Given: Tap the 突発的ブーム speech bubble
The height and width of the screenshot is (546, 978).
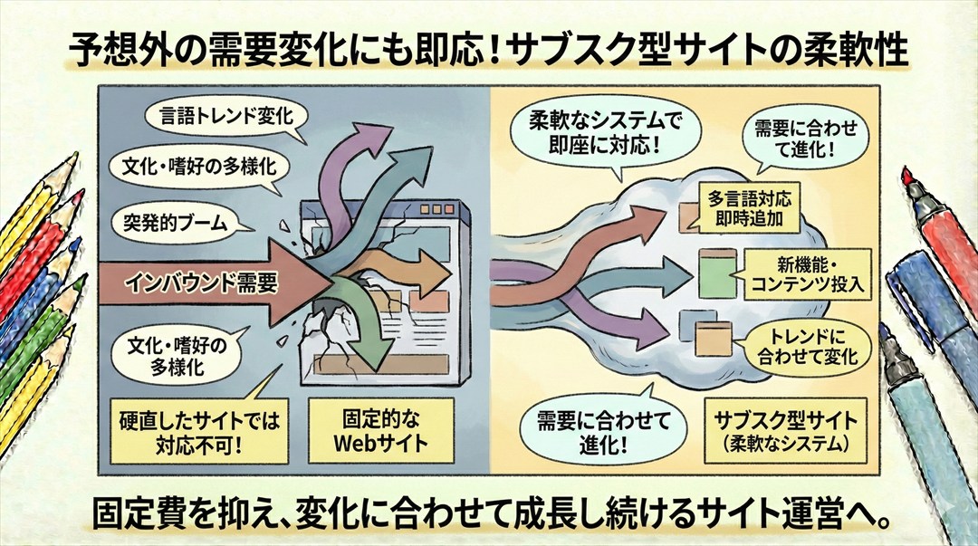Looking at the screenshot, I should click(168, 221).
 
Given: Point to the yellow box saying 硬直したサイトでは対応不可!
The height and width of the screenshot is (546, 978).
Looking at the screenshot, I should click(202, 433).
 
